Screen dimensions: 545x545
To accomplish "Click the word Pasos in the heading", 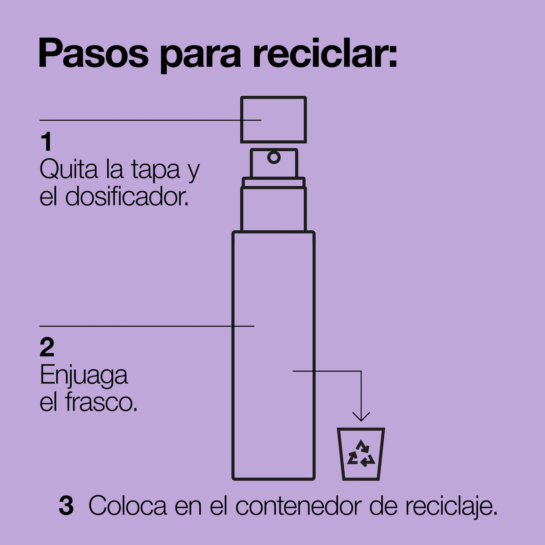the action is [94, 54].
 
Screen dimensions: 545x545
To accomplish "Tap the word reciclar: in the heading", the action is [325, 53].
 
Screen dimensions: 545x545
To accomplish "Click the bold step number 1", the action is [47, 141].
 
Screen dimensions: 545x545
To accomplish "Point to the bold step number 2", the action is [47, 347].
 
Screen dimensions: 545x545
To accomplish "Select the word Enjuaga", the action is [84, 377].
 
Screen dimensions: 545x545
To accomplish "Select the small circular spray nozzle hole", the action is [274, 158].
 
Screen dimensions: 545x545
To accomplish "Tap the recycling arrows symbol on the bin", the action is [361, 453].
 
